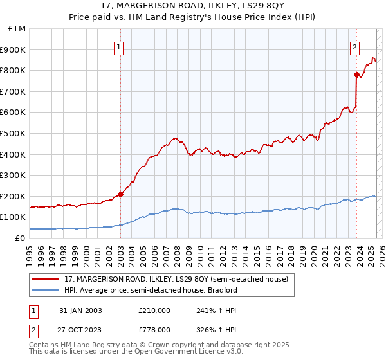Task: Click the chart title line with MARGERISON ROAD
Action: point(193,6)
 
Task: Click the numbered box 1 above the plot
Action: point(120,46)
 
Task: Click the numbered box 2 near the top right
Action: point(354,46)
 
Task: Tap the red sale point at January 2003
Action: point(120,194)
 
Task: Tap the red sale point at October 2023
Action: point(356,75)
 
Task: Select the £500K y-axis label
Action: point(14,134)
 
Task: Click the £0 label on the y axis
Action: point(20,238)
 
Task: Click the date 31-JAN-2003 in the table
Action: point(80,310)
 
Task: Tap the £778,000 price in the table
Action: point(154,328)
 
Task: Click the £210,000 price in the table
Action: point(154,310)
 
